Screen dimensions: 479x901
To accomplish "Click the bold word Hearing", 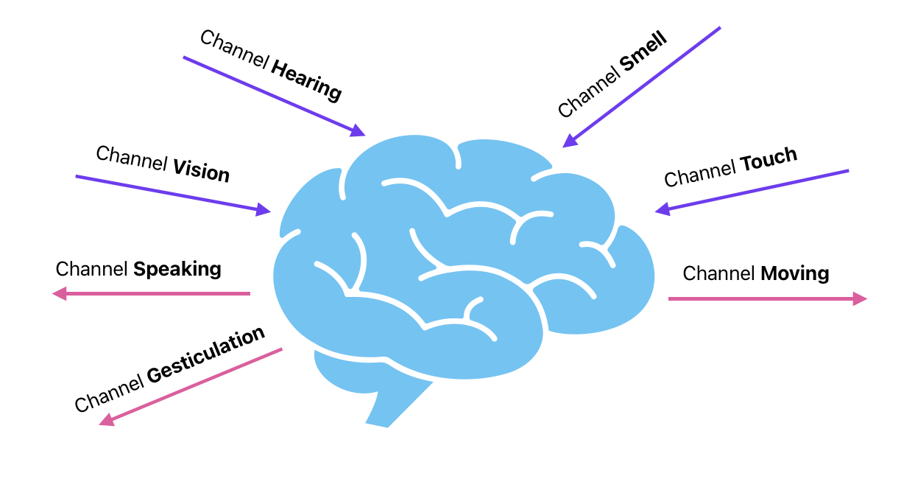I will tap(306, 80).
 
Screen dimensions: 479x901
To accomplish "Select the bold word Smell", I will tap(643, 52).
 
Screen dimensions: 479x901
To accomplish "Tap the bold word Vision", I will tap(201, 171).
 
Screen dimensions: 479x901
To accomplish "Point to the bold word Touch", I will tap(768, 158).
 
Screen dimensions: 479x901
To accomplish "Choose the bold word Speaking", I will tap(177, 269).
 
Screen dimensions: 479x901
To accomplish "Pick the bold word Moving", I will tap(795, 274).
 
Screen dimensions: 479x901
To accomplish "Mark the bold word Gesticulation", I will tap(205, 356).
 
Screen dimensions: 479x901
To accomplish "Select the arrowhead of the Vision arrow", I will tap(264, 210).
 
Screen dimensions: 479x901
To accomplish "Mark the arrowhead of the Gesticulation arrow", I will tap(106, 420).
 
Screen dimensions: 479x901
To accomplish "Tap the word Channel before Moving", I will tap(719, 274).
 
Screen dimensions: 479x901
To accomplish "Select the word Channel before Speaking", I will tap(92, 269).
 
